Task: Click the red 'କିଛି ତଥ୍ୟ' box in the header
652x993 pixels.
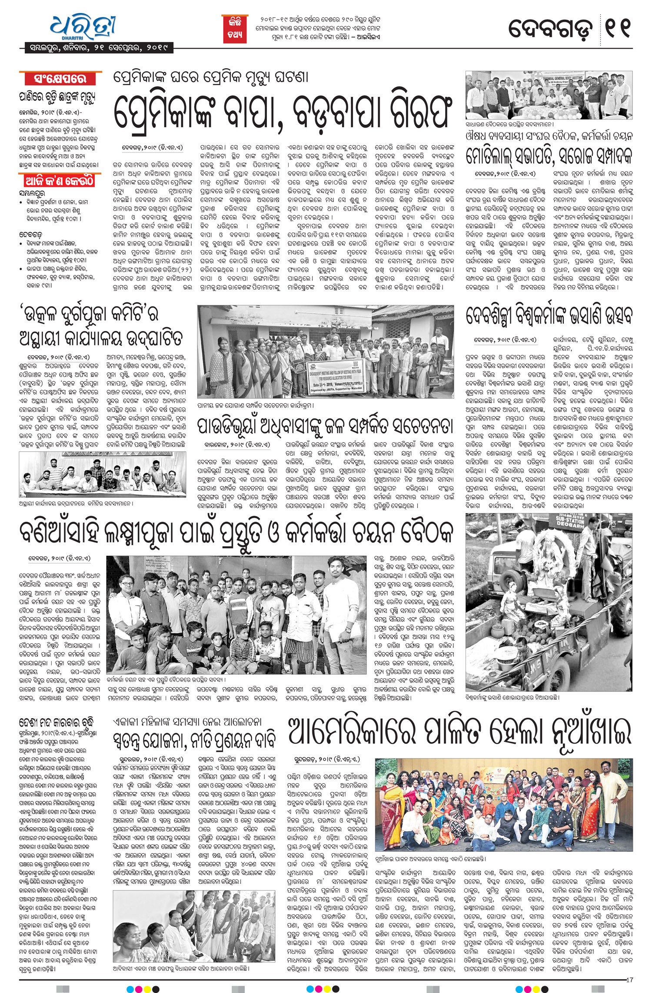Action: (x=235, y=28)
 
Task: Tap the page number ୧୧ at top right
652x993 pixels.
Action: (x=618, y=27)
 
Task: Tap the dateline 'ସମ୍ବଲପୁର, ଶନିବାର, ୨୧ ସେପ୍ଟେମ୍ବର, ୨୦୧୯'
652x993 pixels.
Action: (x=96, y=47)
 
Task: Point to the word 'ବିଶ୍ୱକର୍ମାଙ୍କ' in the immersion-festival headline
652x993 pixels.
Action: (x=547, y=315)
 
